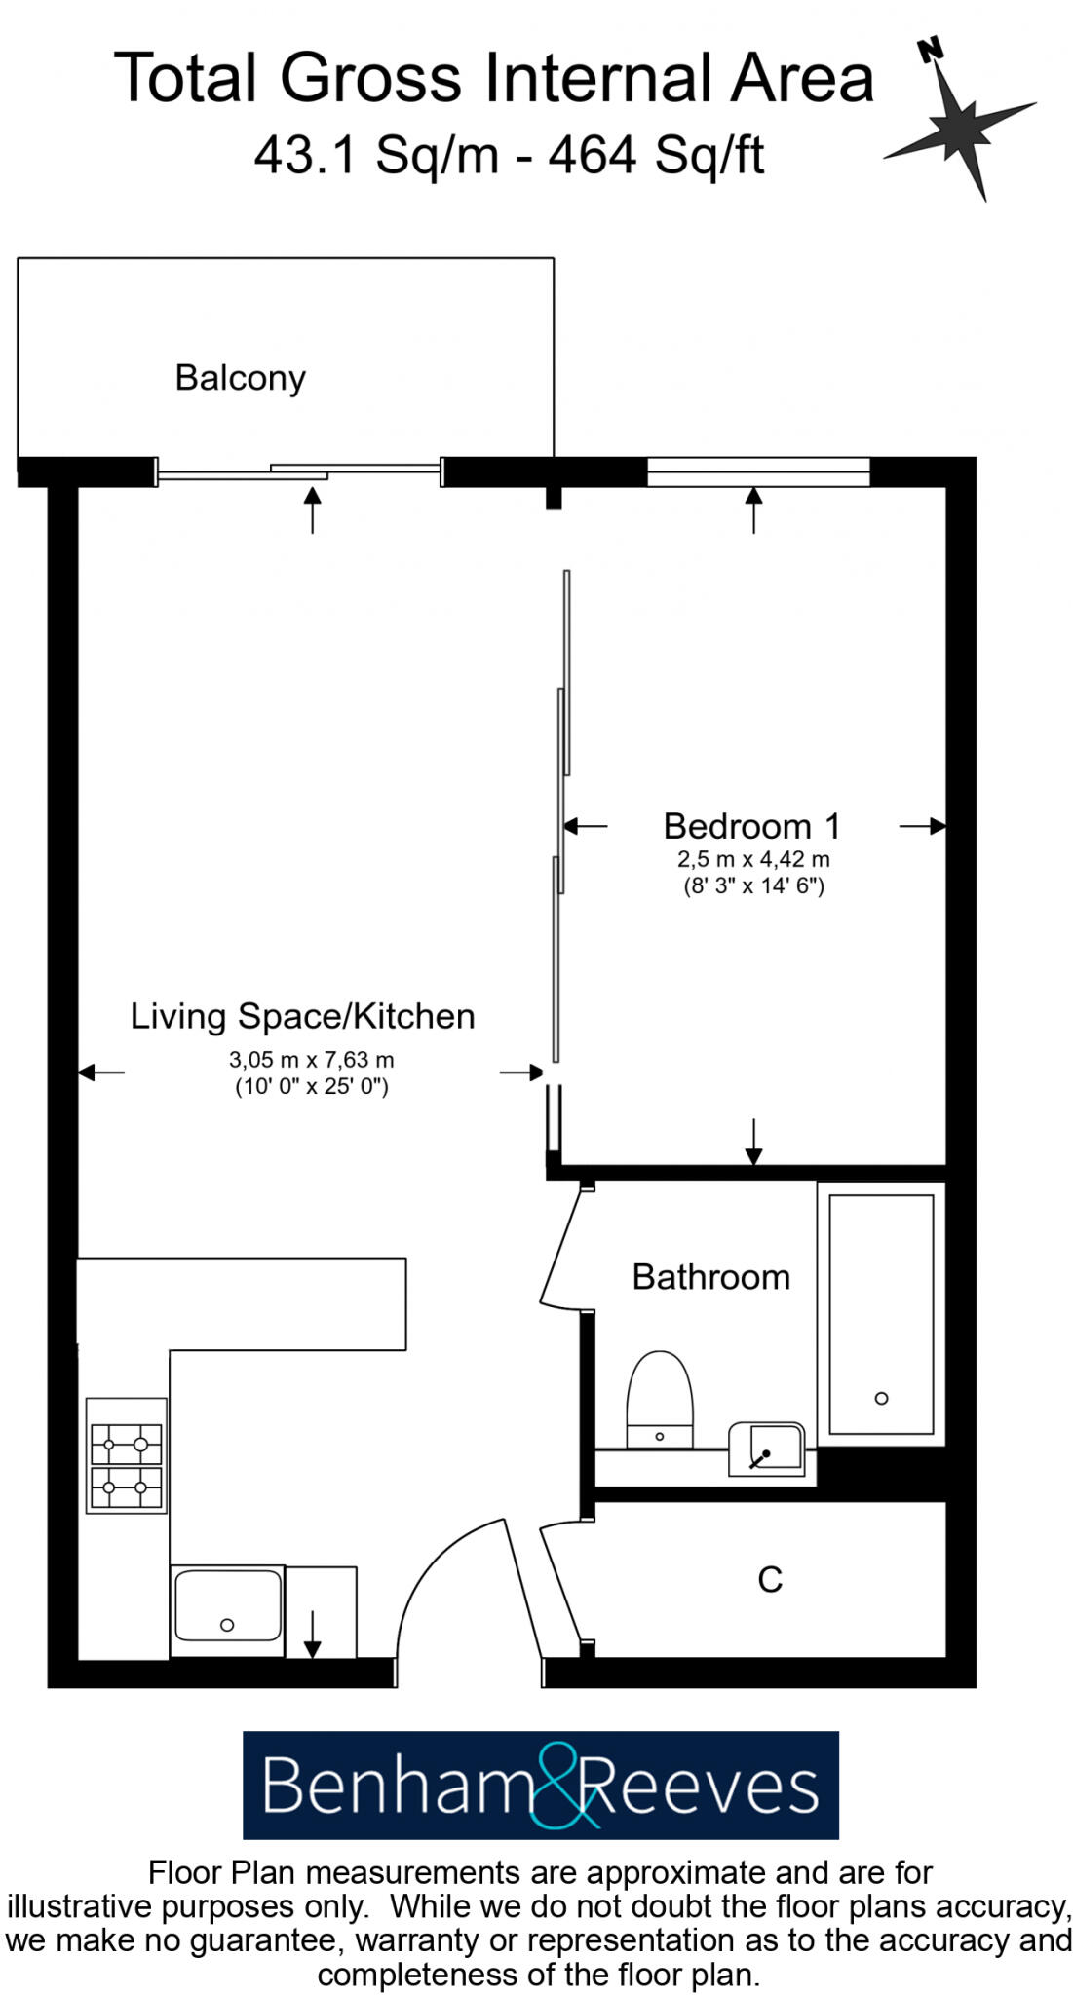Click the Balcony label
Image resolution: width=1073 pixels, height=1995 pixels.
coord(240,378)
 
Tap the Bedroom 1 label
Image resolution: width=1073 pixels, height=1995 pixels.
coord(751,826)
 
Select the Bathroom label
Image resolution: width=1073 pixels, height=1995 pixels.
coord(710,1277)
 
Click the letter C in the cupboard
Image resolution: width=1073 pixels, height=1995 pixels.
coord(770,1580)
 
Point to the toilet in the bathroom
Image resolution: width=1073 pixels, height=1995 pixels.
coord(660,1401)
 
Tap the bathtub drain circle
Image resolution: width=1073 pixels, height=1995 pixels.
coord(881,1399)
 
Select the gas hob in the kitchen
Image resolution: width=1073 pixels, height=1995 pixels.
coord(126,1456)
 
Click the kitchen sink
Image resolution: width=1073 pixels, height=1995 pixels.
coord(226,1604)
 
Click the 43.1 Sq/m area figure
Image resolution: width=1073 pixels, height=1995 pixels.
coord(376,155)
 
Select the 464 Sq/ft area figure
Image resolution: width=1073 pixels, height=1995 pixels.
coord(656,155)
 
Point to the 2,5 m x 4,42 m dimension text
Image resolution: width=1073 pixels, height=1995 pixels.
coord(753,860)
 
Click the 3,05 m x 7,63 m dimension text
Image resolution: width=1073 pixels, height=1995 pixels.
coord(311,1060)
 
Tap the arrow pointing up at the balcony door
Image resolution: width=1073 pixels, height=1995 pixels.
coord(312,509)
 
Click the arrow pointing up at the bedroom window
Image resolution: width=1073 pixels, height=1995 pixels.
coord(753,509)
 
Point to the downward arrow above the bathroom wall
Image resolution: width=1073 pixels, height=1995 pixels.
coord(753,1141)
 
